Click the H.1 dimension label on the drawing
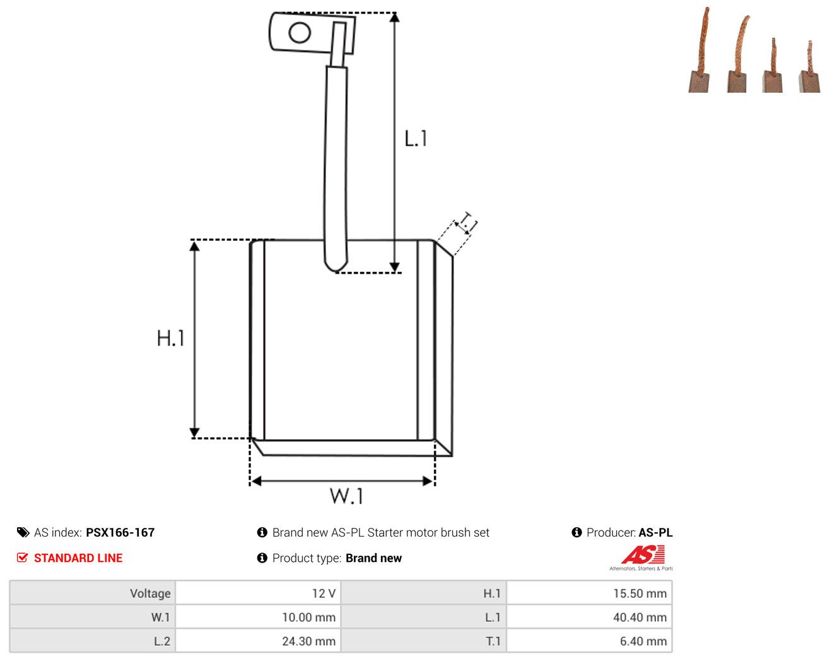pos(170,338)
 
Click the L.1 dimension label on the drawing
pos(416,138)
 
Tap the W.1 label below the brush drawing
pos(346,496)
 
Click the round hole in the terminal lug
pos(300,32)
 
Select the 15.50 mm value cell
pos(589,593)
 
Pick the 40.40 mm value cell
pos(589,617)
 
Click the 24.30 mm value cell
pos(257,641)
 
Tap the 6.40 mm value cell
pos(589,641)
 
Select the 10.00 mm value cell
pos(257,617)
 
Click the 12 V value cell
pos(257,593)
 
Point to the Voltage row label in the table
pos(150,593)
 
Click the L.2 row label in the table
pos(162,641)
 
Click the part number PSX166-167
pos(120,532)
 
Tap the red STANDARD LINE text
pos(78,558)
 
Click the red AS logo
pos(643,554)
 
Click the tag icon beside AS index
pos(23,532)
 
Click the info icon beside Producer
pos(576,532)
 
